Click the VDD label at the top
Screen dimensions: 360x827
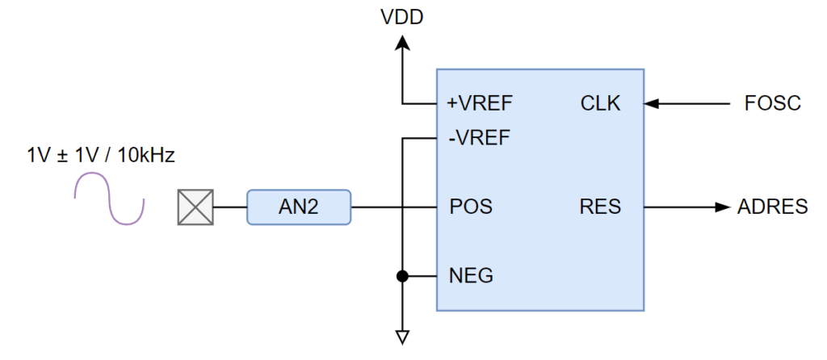point(401,17)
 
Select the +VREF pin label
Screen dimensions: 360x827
point(480,103)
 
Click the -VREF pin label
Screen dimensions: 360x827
point(479,137)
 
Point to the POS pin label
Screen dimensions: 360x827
point(471,207)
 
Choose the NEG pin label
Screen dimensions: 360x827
point(471,276)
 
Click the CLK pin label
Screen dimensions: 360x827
point(600,103)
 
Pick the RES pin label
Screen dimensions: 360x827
point(600,207)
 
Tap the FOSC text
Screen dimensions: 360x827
point(773,103)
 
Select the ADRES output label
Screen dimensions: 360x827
point(772,207)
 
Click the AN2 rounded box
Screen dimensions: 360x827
point(299,207)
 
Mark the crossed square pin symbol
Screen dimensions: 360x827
point(195,207)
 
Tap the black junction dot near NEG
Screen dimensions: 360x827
point(401,276)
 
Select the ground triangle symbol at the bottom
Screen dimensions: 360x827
point(401,337)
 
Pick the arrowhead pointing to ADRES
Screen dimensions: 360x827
point(721,207)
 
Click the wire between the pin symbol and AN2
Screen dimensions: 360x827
point(229,207)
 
